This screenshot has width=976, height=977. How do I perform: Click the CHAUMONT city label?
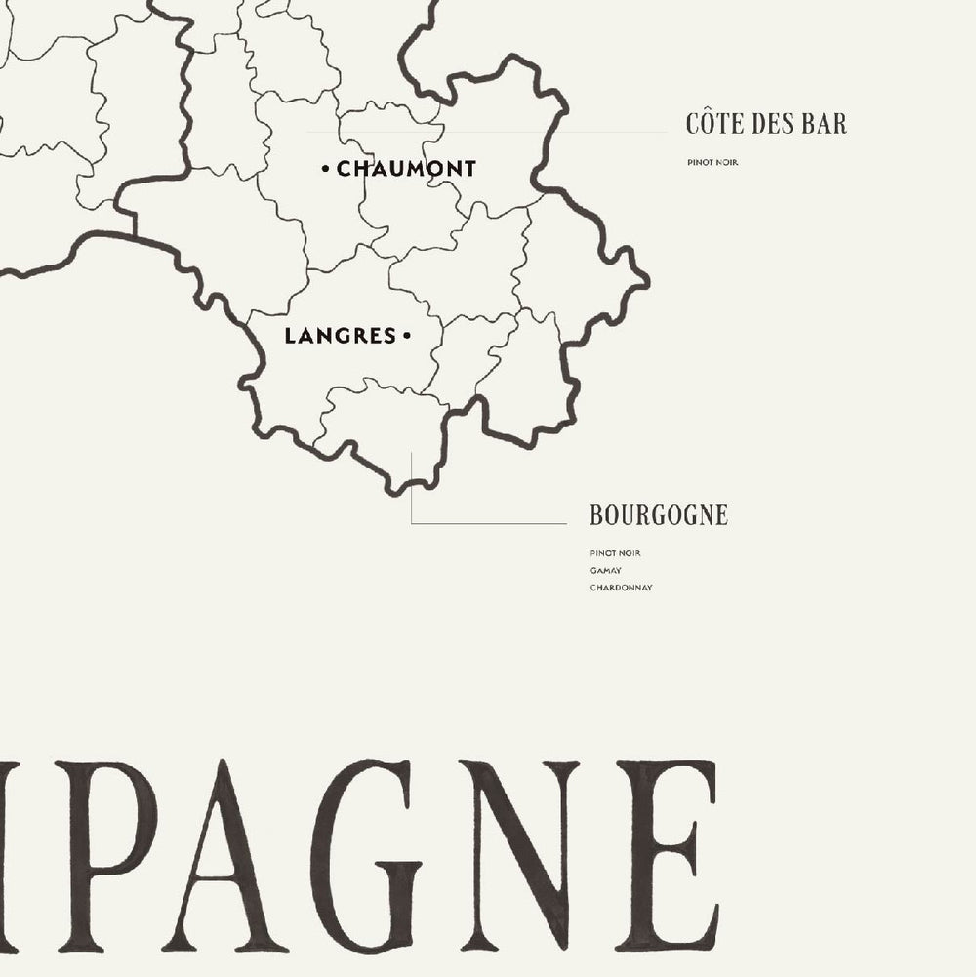pos(406,169)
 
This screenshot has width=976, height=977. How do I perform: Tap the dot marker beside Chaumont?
pos(325,170)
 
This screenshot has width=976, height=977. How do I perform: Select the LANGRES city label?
pos(326,336)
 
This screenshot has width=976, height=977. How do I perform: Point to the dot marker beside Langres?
pos(406,336)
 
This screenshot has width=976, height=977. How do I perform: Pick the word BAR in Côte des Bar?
pos(826,124)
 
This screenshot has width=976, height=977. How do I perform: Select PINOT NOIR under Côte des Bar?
pos(712,162)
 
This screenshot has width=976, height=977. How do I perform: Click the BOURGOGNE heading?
pos(659,514)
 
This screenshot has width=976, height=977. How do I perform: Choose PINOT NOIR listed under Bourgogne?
pos(615,553)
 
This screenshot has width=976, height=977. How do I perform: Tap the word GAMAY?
pos(606,571)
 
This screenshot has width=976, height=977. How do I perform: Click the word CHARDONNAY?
pos(621,588)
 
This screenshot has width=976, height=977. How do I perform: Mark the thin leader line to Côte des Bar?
pos(488,132)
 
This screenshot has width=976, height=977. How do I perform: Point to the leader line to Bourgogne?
pos(488,524)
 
